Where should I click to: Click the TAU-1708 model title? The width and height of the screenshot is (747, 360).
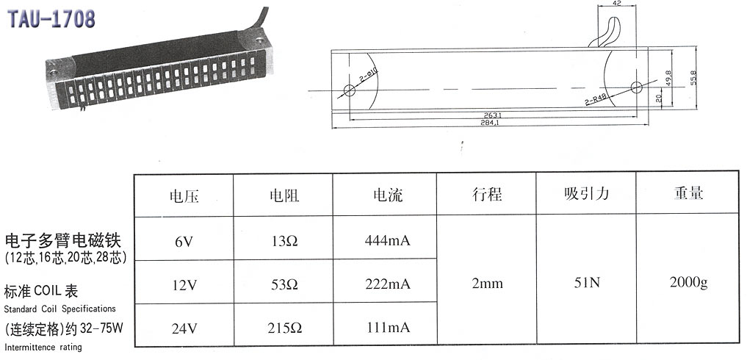coord(52,20)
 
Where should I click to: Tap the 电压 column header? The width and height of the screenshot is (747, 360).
coord(184,195)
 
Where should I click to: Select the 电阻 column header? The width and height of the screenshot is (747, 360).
coord(284,195)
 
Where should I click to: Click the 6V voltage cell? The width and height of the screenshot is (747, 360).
coord(184,240)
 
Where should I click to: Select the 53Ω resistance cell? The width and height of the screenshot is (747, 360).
coord(284,284)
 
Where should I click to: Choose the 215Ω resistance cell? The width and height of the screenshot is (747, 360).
coord(284,327)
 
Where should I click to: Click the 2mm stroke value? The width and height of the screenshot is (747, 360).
coord(487,283)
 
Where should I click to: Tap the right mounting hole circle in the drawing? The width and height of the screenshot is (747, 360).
coord(636,87)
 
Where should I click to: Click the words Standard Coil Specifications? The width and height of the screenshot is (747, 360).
coord(59,309)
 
